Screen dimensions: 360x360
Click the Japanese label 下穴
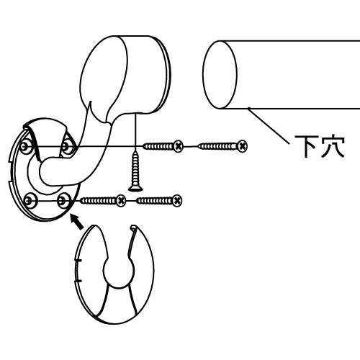pyautogui.click(x=320, y=147)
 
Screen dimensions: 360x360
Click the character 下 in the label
pyautogui.click(x=306, y=147)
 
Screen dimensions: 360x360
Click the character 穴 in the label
pyautogui.click(x=333, y=147)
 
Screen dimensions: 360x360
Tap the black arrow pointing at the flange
pyautogui.click(x=77, y=222)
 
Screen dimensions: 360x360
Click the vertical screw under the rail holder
pyautogui.click(x=135, y=171)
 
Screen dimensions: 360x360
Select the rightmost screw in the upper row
pyautogui.click(x=222, y=146)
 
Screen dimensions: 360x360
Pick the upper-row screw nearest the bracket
pyautogui.click(x=163, y=146)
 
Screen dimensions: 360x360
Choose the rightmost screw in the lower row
pyautogui.click(x=159, y=200)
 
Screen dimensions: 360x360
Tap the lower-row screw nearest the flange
pyautogui.click(x=103, y=200)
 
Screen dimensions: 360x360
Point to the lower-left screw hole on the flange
pyautogui.click(x=30, y=200)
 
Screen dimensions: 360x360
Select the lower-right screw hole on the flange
pyautogui.click(x=63, y=199)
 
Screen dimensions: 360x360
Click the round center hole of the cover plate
pyautogui.click(x=118, y=273)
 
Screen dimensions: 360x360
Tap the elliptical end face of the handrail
pyautogui.click(x=220, y=75)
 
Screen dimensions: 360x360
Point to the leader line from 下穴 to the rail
pyautogui.click(x=269, y=126)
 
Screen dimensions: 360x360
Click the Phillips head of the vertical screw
pyautogui.click(x=135, y=189)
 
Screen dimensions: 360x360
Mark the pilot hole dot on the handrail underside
pyautogui.click(x=249, y=108)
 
